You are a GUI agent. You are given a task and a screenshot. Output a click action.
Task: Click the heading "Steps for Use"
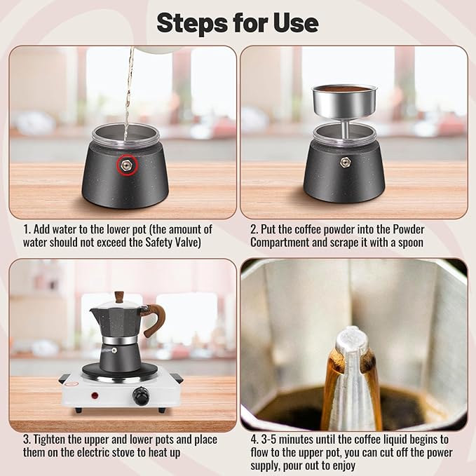(237, 22)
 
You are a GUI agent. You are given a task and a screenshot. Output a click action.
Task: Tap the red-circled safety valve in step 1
(126, 165)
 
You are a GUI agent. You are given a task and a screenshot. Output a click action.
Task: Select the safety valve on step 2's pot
(345, 162)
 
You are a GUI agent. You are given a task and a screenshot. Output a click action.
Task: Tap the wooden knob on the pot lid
(119, 297)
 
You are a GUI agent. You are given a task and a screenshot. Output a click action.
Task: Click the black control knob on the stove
(142, 398)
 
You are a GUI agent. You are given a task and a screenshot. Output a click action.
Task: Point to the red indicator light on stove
(95, 395)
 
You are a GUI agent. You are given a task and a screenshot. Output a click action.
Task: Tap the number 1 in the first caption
(26, 229)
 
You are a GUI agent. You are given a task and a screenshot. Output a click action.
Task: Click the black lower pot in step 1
(125, 184)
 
